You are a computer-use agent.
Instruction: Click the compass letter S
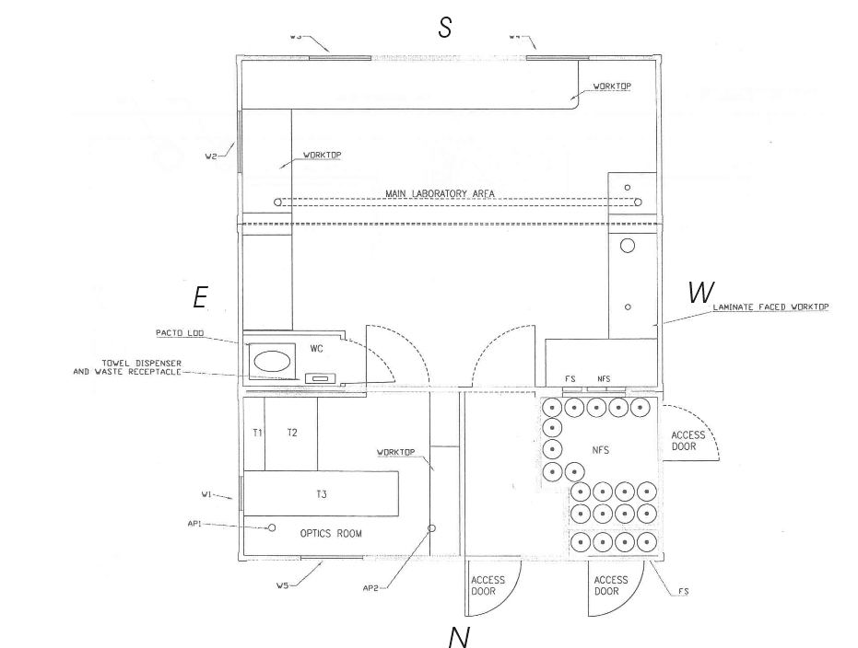point(444,28)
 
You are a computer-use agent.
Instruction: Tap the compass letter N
point(458,635)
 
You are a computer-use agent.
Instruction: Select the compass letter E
point(200,297)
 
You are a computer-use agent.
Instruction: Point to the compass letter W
point(700,293)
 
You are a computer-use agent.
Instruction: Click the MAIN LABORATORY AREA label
point(450,192)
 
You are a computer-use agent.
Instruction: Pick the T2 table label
point(291,432)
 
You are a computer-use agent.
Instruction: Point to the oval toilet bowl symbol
point(273,360)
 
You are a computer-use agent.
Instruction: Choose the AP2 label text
point(371,587)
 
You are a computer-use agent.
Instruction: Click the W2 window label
point(212,156)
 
